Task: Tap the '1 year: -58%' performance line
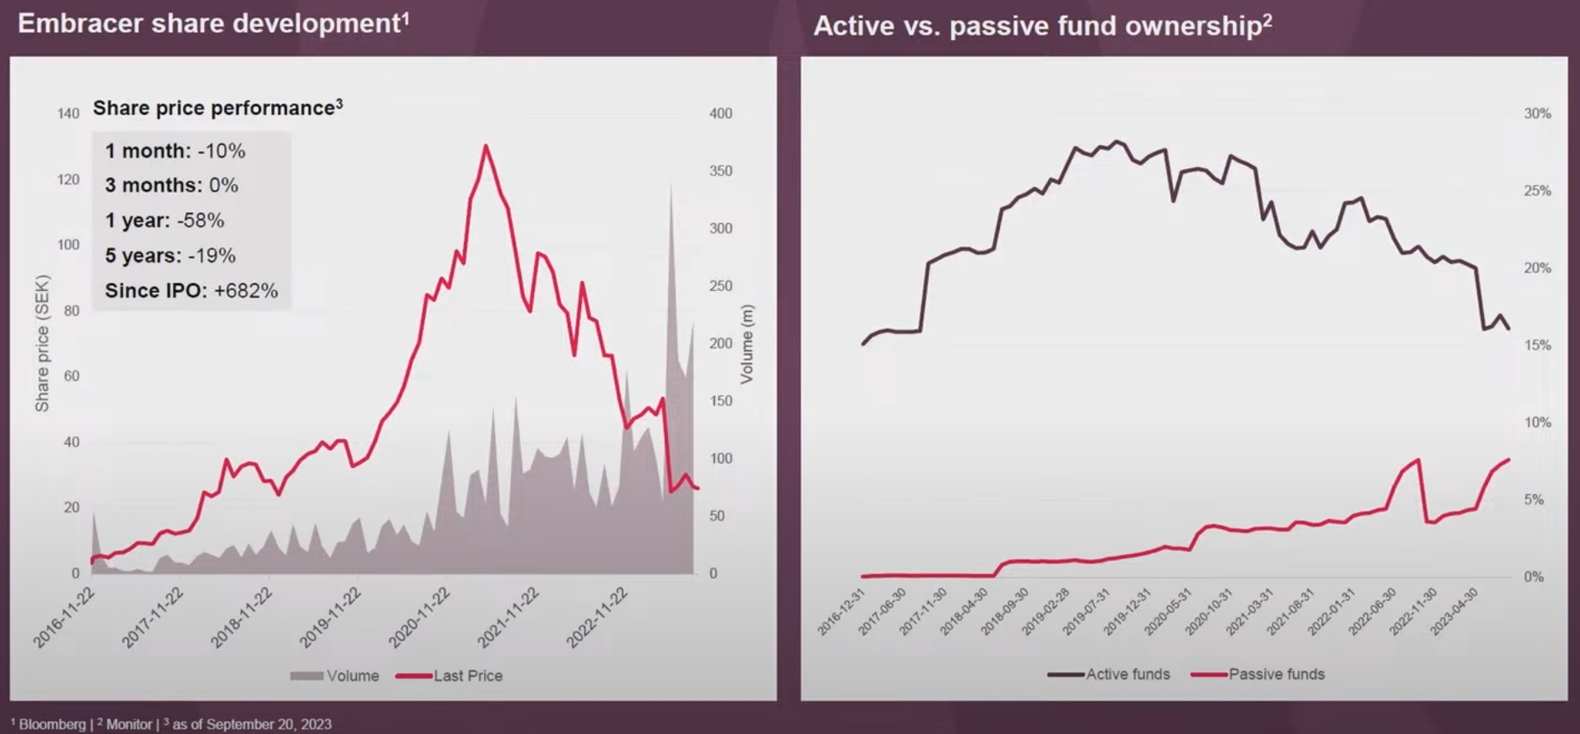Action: pos(165,221)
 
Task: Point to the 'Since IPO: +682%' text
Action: pos(191,291)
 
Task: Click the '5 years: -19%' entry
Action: pos(171,256)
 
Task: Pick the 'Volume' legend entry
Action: pos(334,675)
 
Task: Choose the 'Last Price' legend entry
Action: pos(450,675)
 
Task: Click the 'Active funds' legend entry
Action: pos(1109,674)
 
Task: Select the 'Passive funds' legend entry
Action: pos(1257,674)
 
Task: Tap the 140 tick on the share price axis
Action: pos(69,114)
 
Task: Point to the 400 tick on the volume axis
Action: pos(721,114)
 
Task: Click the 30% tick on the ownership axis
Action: pos(1537,114)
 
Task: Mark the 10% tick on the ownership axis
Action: pos(1537,422)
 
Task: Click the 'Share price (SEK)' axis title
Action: pos(43,344)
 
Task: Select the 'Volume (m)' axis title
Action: pos(747,344)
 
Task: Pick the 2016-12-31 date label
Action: pos(841,612)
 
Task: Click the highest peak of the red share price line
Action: pos(486,146)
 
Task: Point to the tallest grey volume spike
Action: pos(670,185)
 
